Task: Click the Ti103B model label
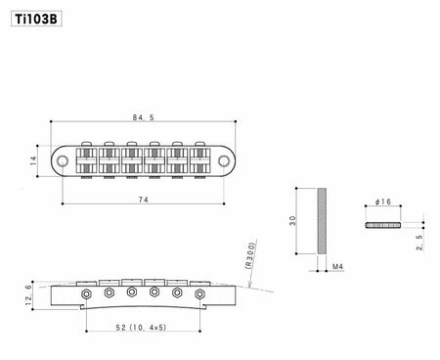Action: click(36, 20)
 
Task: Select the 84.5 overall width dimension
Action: click(143, 117)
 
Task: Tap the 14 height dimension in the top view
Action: click(33, 160)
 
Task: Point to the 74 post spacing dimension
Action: click(143, 200)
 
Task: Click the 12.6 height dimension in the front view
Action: click(29, 295)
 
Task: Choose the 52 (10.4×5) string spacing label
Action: click(141, 327)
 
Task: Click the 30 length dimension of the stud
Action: click(292, 221)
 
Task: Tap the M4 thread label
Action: click(337, 266)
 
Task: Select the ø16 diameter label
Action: click(383, 202)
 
